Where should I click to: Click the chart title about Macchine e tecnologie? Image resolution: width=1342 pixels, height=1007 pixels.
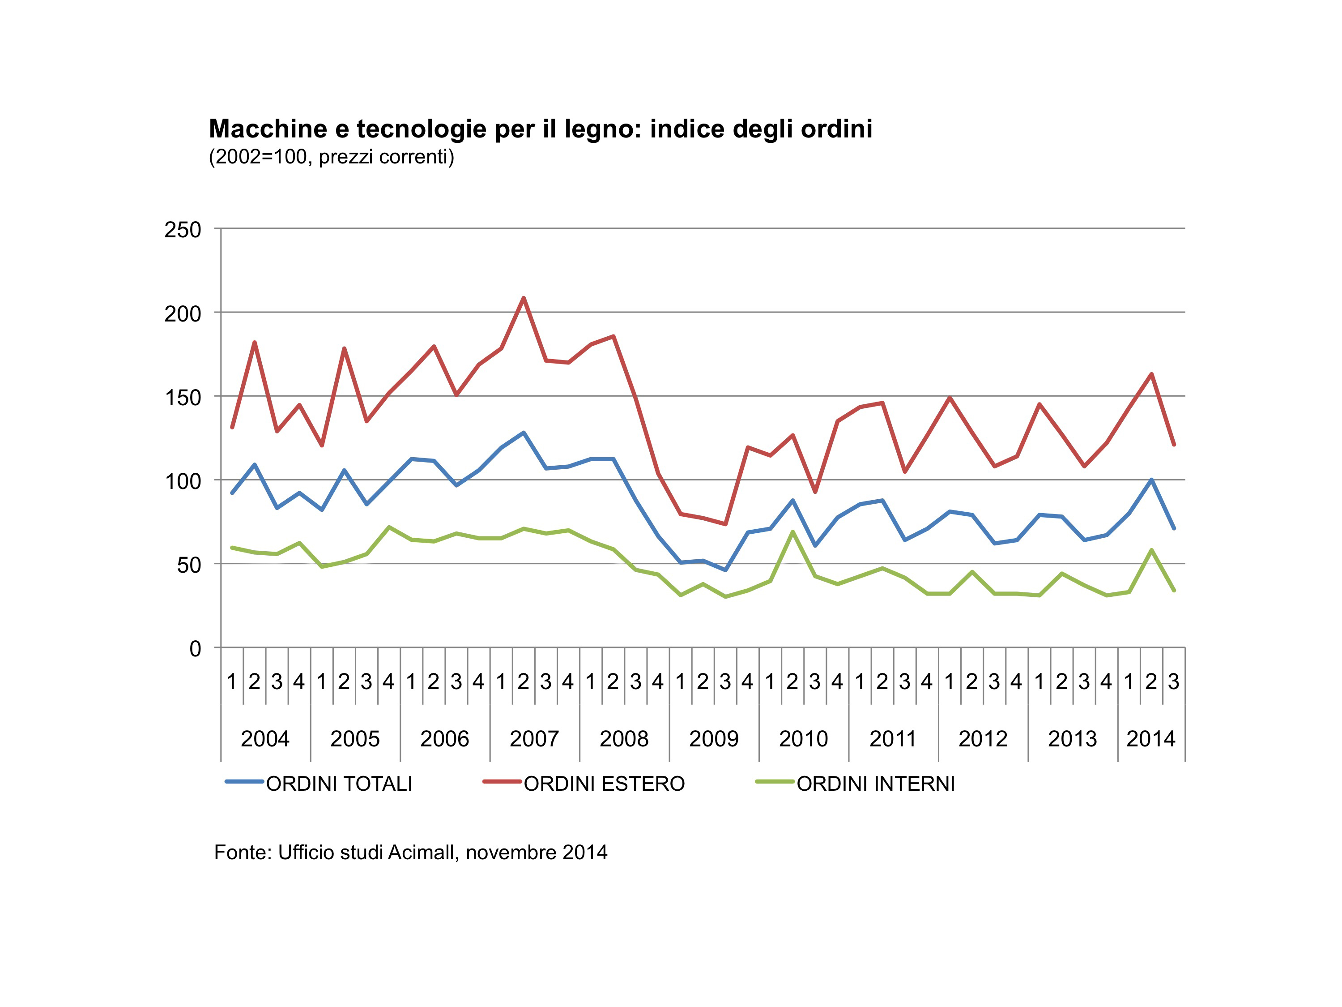pyautogui.click(x=540, y=129)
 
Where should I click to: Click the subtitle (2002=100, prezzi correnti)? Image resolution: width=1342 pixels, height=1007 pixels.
pyautogui.click(x=331, y=157)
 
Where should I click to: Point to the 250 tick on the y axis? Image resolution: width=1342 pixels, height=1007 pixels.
pyautogui.click(x=183, y=230)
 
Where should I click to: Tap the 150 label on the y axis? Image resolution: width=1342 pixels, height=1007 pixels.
pyautogui.click(x=183, y=398)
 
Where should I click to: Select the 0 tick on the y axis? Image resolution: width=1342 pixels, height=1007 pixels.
pyautogui.click(x=195, y=649)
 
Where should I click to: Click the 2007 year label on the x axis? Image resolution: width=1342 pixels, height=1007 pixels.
pyautogui.click(x=534, y=739)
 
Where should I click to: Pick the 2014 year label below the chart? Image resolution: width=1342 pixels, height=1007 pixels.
pyautogui.click(x=1150, y=739)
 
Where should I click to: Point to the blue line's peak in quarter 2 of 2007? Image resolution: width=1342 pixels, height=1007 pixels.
pyautogui.click(x=524, y=433)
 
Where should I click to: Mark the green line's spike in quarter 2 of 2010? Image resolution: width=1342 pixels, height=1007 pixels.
pyautogui.click(x=792, y=532)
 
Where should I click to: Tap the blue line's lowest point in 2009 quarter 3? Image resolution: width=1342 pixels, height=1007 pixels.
pyautogui.click(x=725, y=570)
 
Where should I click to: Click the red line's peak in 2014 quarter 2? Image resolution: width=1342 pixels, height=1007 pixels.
pyautogui.click(x=1151, y=374)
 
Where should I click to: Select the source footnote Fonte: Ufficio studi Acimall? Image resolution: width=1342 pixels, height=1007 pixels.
pyautogui.click(x=410, y=852)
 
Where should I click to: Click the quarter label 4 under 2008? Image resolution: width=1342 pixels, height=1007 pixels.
pyautogui.click(x=658, y=681)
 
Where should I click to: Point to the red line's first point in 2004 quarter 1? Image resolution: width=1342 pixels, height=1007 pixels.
pyautogui.click(x=232, y=427)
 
